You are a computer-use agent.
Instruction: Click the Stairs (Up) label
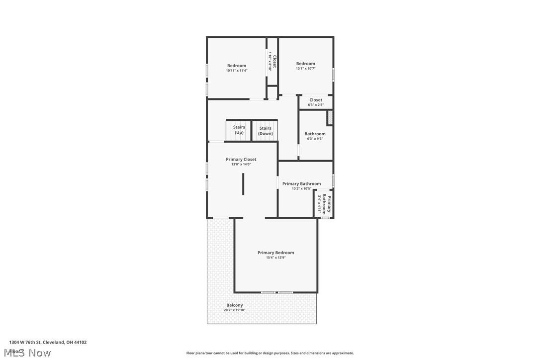click(239, 130)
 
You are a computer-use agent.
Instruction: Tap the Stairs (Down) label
click(266, 131)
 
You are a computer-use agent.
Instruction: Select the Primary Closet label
click(241, 160)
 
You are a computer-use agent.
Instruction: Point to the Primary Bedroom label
click(275, 253)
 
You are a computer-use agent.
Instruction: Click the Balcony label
click(235, 305)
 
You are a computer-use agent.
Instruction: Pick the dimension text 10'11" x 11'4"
click(237, 71)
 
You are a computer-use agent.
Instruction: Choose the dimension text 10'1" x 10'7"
click(306, 69)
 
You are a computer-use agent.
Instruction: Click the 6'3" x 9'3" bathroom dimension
click(315, 139)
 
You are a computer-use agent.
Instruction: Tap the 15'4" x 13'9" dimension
click(275, 258)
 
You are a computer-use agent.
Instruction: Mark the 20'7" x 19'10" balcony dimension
click(235, 310)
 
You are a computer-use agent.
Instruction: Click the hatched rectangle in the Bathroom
click(329, 118)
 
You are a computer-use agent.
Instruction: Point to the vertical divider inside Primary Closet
click(243, 184)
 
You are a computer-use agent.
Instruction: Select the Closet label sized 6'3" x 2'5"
click(316, 100)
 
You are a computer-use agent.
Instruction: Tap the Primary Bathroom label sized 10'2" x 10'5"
click(301, 184)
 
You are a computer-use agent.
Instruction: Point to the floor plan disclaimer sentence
click(270, 353)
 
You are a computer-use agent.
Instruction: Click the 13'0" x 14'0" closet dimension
click(241, 164)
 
